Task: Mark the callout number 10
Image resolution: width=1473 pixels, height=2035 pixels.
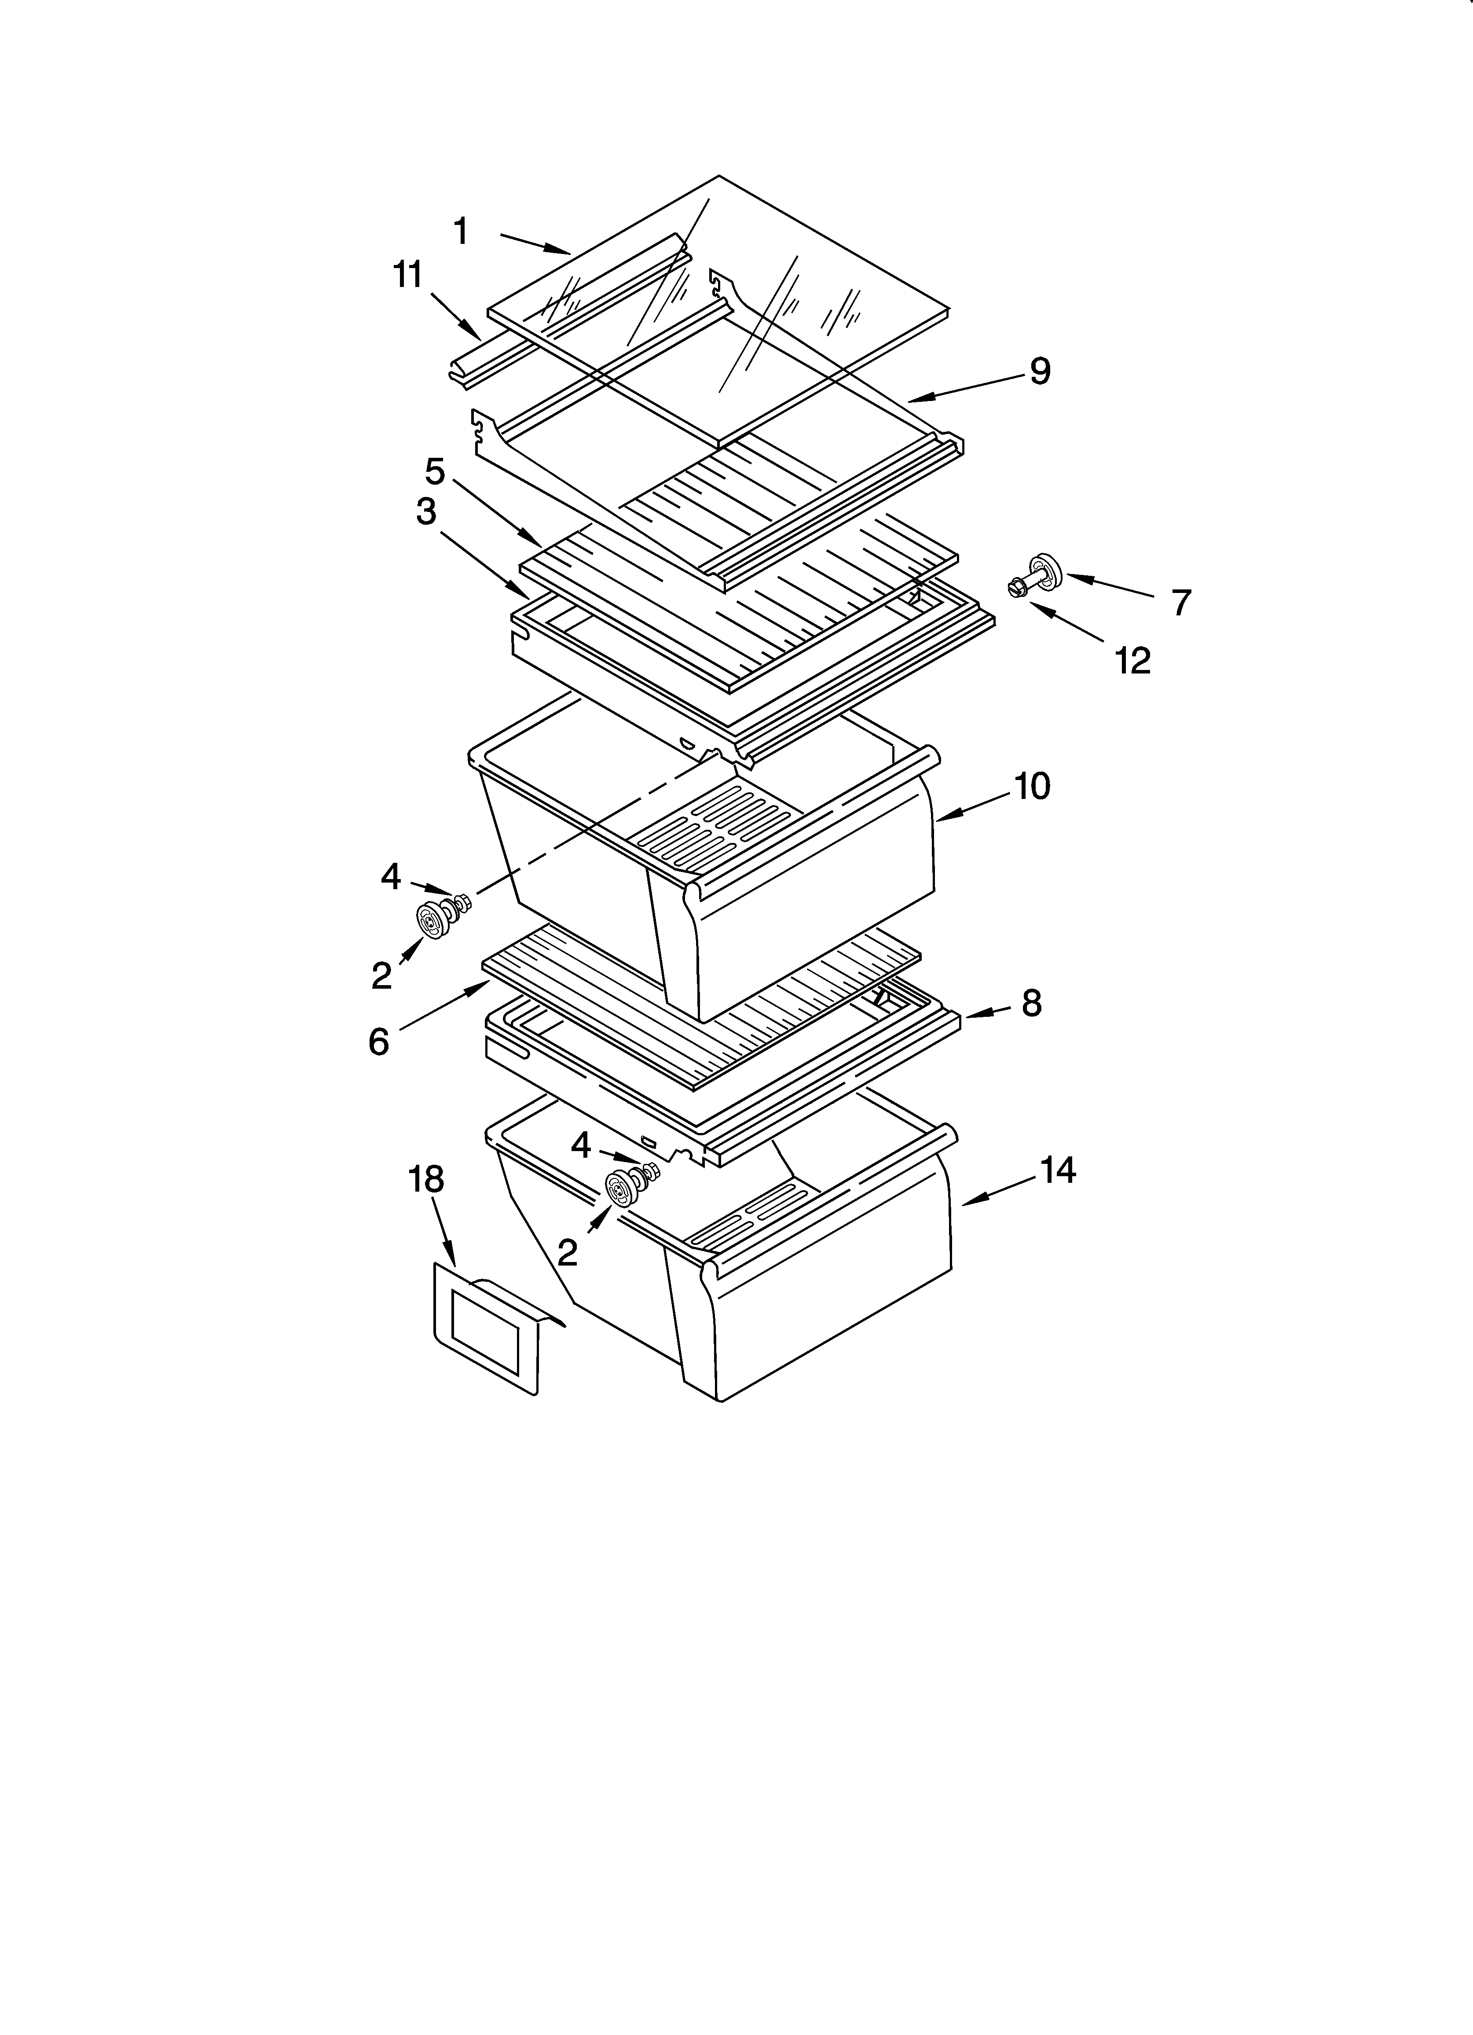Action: click(1032, 786)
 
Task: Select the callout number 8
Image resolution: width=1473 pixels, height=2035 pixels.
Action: click(1032, 1003)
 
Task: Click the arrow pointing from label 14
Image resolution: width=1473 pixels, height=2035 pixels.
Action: click(996, 1192)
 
